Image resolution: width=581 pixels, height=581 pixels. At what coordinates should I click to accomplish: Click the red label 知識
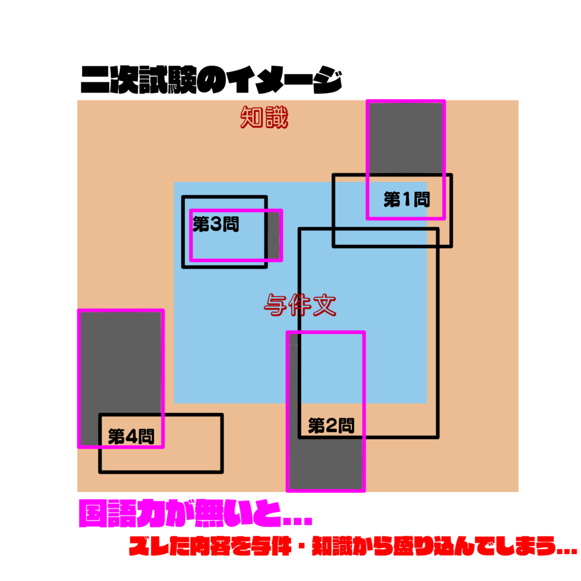[x=264, y=117]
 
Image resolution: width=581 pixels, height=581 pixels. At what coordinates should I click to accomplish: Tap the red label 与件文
[x=300, y=305]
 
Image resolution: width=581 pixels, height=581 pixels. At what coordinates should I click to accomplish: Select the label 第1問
[x=406, y=199]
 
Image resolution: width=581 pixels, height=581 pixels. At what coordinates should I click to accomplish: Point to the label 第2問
[x=331, y=426]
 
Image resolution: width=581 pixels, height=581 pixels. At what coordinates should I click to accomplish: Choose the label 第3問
[x=216, y=224]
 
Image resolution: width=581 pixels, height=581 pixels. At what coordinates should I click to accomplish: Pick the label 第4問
[x=131, y=436]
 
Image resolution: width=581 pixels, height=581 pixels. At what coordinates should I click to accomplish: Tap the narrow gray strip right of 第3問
[x=273, y=235]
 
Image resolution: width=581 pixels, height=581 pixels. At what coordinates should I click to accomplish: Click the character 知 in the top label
[x=252, y=117]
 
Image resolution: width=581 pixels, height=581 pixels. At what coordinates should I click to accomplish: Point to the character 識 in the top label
[x=276, y=117]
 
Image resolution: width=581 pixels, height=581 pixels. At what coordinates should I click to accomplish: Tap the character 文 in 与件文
[x=325, y=305]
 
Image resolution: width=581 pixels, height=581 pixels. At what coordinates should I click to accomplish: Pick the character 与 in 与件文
[x=276, y=305]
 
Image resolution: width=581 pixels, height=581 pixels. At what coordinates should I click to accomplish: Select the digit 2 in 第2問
[x=331, y=426]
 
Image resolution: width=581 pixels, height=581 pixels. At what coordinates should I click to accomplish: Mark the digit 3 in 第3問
[x=216, y=225]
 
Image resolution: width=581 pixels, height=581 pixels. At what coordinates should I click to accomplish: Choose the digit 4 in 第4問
[x=131, y=436]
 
